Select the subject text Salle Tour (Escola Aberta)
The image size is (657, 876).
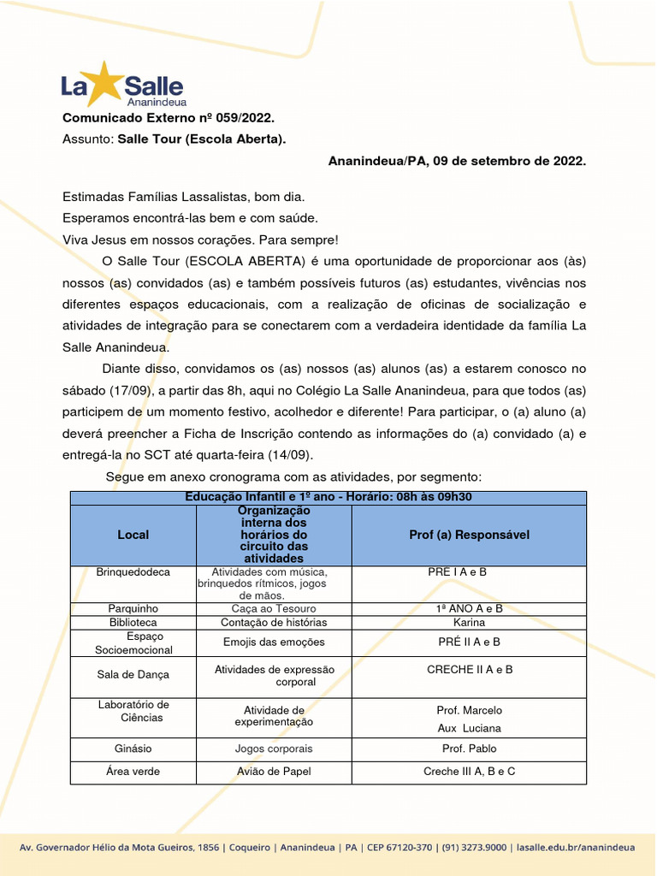pos(202,139)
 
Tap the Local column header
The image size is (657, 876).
pos(133,535)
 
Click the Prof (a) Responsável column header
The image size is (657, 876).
pos(469,535)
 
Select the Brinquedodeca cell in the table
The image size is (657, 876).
pos(133,571)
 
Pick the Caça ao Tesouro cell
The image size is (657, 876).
pos(274,608)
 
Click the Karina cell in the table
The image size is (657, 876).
pos(469,623)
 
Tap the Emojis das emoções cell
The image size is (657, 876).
pos(274,642)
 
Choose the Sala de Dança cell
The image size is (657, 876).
pos(133,675)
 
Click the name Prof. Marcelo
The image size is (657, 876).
pos(469,710)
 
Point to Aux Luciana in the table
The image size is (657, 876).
pos(469,728)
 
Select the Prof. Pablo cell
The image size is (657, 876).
pos(469,749)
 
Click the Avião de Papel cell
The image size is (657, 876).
pos(274,772)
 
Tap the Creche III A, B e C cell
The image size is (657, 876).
pos(469,772)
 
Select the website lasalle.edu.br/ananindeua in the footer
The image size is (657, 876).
pos(576,848)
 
